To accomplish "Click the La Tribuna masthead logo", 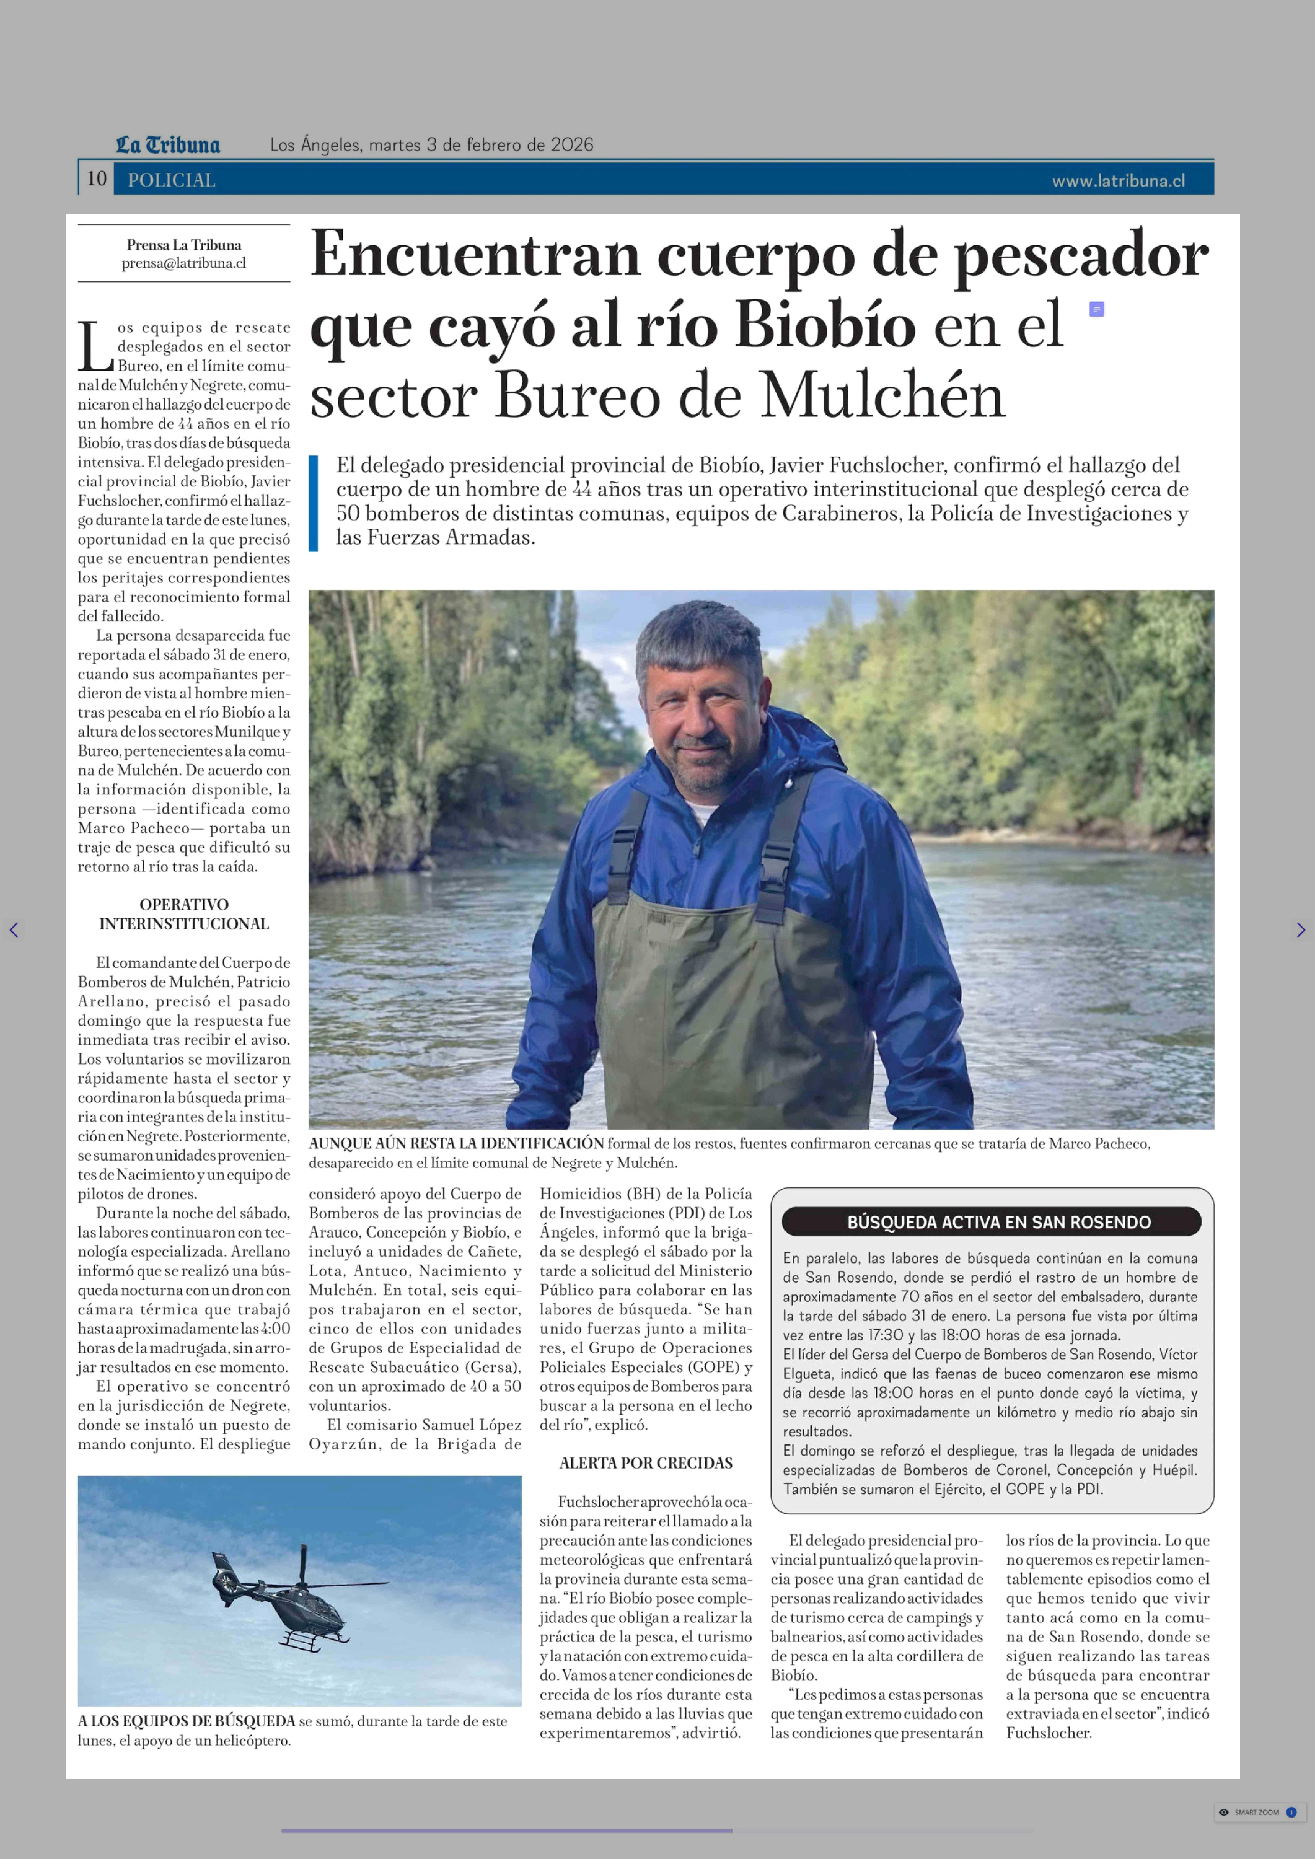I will click(168, 145).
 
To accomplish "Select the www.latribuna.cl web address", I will click(1118, 181).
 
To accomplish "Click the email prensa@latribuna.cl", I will click(184, 263).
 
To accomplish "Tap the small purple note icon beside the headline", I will click(1096, 309).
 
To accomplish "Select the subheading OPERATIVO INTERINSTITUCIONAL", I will click(184, 914).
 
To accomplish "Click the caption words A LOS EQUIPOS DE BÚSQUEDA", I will click(186, 1721).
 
